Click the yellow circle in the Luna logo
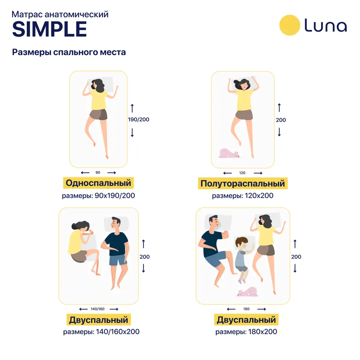point(289,25)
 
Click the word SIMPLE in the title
point(50,29)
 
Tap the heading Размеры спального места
point(69,52)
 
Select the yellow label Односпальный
point(98,183)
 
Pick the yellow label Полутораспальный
point(243,183)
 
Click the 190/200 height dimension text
point(139,120)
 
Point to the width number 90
point(98,172)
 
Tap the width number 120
point(242,173)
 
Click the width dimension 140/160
point(98,309)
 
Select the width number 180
point(246,309)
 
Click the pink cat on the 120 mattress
point(229,153)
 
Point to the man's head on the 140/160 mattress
point(116,224)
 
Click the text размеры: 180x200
point(246,332)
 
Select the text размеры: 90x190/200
point(98,195)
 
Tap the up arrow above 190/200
point(132,108)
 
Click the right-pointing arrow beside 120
point(258,173)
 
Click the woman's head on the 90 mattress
point(98,85)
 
